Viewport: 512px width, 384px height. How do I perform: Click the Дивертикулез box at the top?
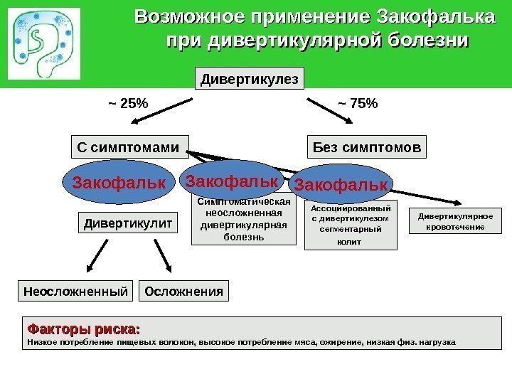(x=250, y=78)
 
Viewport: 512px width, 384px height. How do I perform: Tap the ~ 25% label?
(x=128, y=104)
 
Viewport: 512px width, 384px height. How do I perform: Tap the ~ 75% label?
(x=358, y=104)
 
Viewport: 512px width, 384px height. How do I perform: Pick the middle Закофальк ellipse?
(x=231, y=181)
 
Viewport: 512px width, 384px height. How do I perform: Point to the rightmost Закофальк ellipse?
(x=341, y=185)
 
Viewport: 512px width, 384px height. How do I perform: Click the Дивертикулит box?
(x=128, y=224)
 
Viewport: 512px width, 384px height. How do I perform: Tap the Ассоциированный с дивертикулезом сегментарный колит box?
(x=351, y=225)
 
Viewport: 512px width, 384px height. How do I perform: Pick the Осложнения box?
(x=184, y=291)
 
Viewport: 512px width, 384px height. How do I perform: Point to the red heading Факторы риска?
(x=83, y=329)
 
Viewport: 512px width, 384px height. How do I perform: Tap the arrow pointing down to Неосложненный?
(x=103, y=256)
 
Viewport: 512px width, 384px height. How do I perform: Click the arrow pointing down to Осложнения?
(x=162, y=256)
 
